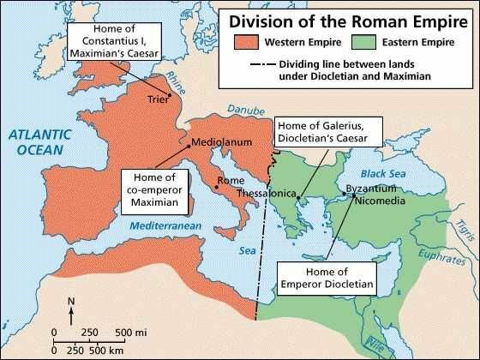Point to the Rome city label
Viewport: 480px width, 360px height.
pos(231,181)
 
